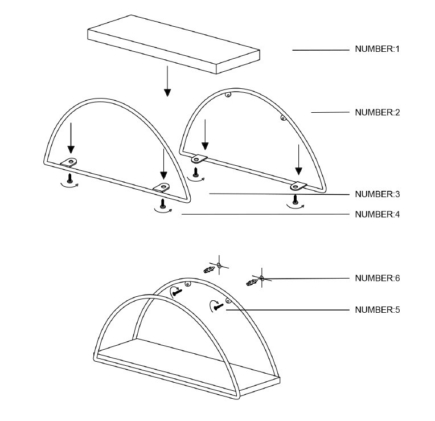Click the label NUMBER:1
click(x=377, y=49)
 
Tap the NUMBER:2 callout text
click(x=377, y=113)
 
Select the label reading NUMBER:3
click(x=377, y=194)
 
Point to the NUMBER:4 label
click(x=377, y=215)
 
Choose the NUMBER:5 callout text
click(x=377, y=310)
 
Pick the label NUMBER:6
click(x=377, y=278)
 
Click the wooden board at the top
click(x=174, y=44)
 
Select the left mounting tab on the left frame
click(x=69, y=162)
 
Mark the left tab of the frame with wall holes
click(x=199, y=159)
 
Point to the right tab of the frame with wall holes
click(x=298, y=186)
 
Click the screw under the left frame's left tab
click(x=70, y=178)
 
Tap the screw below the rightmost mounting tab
click(x=296, y=199)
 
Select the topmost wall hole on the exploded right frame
click(x=228, y=96)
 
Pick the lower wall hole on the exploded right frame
click(x=283, y=118)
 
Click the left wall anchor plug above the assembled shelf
click(x=209, y=269)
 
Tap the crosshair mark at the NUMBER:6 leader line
click(x=262, y=278)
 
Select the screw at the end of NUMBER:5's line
click(x=219, y=306)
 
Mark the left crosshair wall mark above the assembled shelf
click(x=219, y=265)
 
